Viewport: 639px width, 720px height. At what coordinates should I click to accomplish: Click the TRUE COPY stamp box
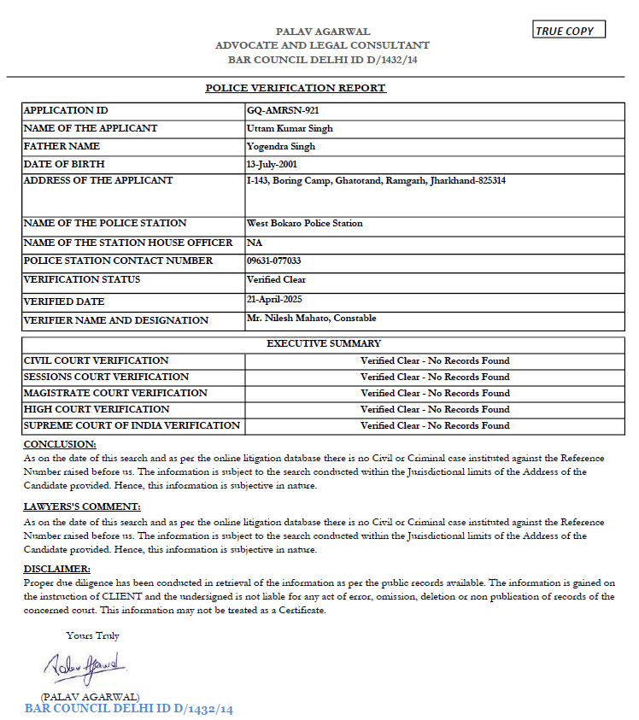[x=569, y=31]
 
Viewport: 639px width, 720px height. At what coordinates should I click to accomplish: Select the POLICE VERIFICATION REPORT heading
[x=296, y=88]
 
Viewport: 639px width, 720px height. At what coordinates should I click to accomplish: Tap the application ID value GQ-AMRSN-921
[x=283, y=110]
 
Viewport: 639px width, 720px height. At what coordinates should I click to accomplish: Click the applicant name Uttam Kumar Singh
[x=290, y=128]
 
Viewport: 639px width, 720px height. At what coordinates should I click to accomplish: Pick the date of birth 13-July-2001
[x=274, y=163]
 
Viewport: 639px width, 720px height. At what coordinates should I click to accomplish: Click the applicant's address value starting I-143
[x=375, y=181]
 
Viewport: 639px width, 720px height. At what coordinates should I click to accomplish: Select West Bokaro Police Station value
[x=304, y=223]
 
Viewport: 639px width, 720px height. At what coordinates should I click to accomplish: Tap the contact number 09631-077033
[x=273, y=260]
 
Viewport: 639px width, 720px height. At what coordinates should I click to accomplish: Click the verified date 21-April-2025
[x=274, y=299]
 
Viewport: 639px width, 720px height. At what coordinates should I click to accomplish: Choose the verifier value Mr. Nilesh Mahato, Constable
[x=311, y=318]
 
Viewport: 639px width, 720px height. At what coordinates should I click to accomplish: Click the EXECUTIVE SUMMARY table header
[x=324, y=343]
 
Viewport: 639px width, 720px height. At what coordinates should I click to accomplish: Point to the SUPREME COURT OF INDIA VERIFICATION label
[x=132, y=425]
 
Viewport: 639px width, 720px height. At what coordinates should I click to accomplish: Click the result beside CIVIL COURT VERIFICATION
[x=435, y=360]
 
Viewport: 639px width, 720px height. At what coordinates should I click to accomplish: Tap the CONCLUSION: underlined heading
[x=60, y=444]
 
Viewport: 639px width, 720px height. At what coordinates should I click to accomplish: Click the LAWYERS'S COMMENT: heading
[x=82, y=506]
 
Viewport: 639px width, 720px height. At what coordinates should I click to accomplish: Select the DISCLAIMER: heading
[x=56, y=569]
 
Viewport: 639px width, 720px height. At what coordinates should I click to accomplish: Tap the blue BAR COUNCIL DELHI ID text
[x=129, y=709]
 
